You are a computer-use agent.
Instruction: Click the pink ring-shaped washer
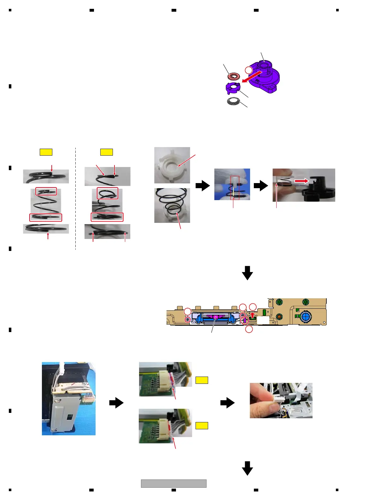point(234,76)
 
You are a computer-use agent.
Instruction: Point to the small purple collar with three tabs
point(233,88)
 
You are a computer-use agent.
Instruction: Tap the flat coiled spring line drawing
point(234,101)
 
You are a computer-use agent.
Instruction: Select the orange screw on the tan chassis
point(278,317)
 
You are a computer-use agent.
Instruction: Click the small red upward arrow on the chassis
point(252,315)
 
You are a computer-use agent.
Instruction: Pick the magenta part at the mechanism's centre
point(215,316)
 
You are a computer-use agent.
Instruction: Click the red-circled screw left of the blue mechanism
point(188,320)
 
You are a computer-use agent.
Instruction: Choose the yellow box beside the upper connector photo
point(202,380)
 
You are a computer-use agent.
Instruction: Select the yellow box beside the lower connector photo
point(202,426)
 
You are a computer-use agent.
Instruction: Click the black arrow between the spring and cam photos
point(260,186)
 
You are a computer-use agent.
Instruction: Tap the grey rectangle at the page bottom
point(173,483)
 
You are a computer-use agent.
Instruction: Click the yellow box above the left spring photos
point(46,152)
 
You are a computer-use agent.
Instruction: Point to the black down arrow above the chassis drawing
point(247,273)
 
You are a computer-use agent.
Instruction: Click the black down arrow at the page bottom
point(247,468)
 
